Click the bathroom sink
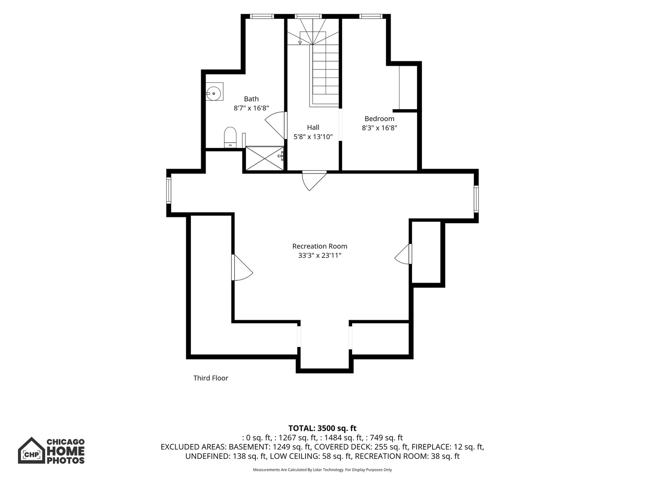[x=214, y=92]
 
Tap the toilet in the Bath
[x=230, y=137]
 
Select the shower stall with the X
[x=265, y=158]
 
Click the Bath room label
[x=251, y=99]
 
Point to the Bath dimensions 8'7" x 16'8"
[x=251, y=108]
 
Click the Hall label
[x=313, y=127]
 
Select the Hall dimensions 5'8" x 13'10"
[x=313, y=137]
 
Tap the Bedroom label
[x=379, y=119]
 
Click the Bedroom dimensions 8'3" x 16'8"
[x=379, y=128]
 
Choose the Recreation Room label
[x=320, y=246]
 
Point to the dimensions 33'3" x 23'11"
[x=320, y=255]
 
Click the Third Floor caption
[x=211, y=378]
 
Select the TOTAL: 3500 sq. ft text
[x=322, y=428]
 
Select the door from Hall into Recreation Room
[x=314, y=181]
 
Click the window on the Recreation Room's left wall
[x=169, y=191]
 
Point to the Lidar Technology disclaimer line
[x=322, y=470]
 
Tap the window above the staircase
[x=308, y=17]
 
